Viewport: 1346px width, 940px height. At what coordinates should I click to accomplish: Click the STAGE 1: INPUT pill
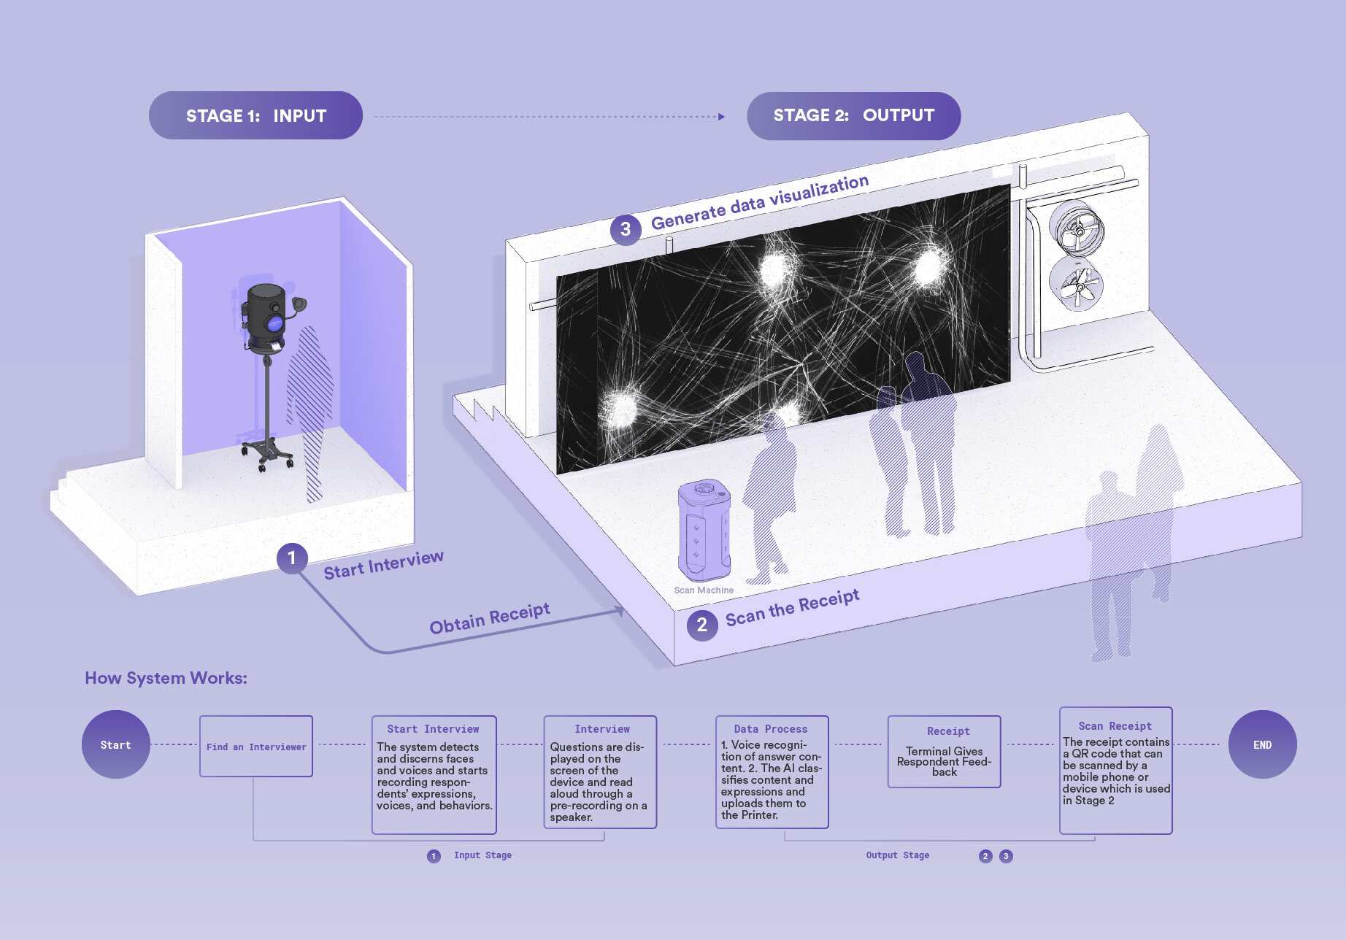click(255, 115)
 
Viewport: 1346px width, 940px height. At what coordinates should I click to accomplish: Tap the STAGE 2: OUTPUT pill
click(853, 115)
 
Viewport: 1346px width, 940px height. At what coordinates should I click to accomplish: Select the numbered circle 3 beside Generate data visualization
click(626, 229)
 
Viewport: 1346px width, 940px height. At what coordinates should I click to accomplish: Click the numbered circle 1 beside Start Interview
click(292, 558)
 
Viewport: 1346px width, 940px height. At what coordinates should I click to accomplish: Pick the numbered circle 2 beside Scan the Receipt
click(702, 625)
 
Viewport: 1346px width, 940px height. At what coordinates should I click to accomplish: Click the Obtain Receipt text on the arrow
click(490, 618)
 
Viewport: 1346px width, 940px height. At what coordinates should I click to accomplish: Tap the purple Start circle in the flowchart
click(115, 744)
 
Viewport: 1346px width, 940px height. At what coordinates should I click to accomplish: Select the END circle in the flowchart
click(1263, 744)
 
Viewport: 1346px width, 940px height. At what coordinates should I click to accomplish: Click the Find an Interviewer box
click(256, 746)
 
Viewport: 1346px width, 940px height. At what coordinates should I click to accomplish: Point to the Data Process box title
click(771, 729)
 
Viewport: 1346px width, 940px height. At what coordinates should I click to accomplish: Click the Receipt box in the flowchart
click(944, 752)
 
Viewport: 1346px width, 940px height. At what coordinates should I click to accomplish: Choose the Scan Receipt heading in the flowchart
click(1115, 726)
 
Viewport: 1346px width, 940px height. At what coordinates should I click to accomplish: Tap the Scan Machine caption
click(704, 590)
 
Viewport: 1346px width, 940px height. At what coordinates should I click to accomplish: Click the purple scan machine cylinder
click(704, 531)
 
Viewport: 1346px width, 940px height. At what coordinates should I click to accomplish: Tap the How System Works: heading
click(166, 678)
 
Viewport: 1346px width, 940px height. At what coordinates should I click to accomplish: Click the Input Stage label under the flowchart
click(482, 855)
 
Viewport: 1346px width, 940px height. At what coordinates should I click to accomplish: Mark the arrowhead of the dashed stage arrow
click(721, 117)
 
